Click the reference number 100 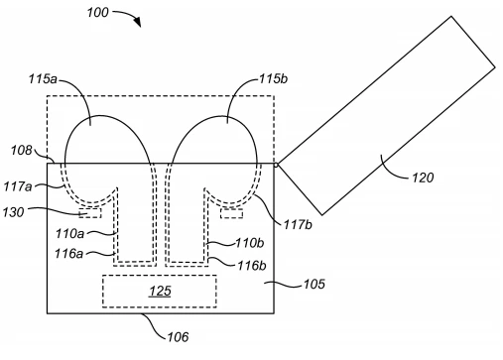97,13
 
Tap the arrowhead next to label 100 138,22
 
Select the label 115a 43,79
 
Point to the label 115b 273,78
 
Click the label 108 22,151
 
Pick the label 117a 18,186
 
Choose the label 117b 298,225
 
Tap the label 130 14,212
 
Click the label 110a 69,234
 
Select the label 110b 250,243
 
